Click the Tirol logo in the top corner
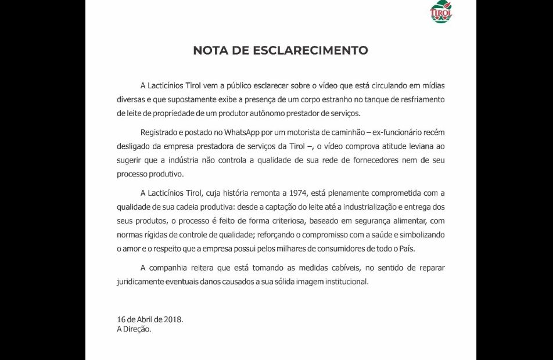(x=441, y=12)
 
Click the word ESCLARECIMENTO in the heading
(x=310, y=51)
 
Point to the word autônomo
(x=249, y=113)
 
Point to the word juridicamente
(x=142, y=281)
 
